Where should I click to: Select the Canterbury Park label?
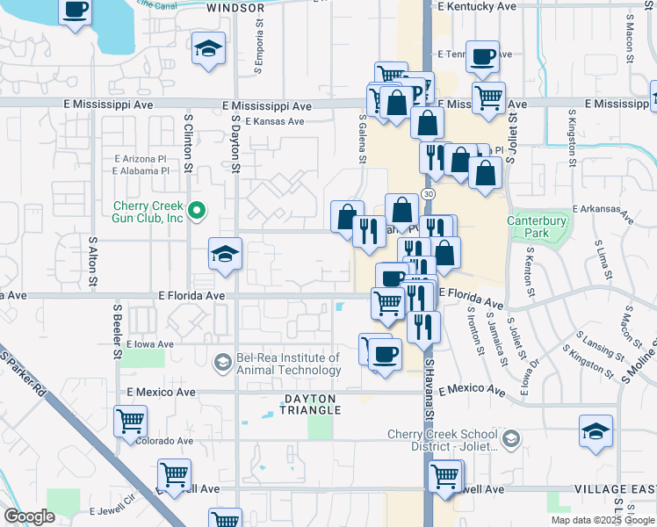tap(539, 227)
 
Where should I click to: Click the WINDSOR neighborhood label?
tap(235, 8)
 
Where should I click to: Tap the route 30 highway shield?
tap(427, 192)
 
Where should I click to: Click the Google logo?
tap(29, 516)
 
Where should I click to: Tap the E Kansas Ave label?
tap(275, 122)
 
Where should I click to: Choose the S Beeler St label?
tap(117, 332)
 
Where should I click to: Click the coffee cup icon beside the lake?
tap(76, 11)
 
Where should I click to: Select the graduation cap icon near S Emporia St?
tap(208, 47)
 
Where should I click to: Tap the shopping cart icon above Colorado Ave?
tap(131, 420)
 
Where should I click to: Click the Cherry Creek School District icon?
tap(512, 437)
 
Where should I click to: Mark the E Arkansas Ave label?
tap(603, 209)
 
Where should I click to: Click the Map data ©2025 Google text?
tap(602, 520)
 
